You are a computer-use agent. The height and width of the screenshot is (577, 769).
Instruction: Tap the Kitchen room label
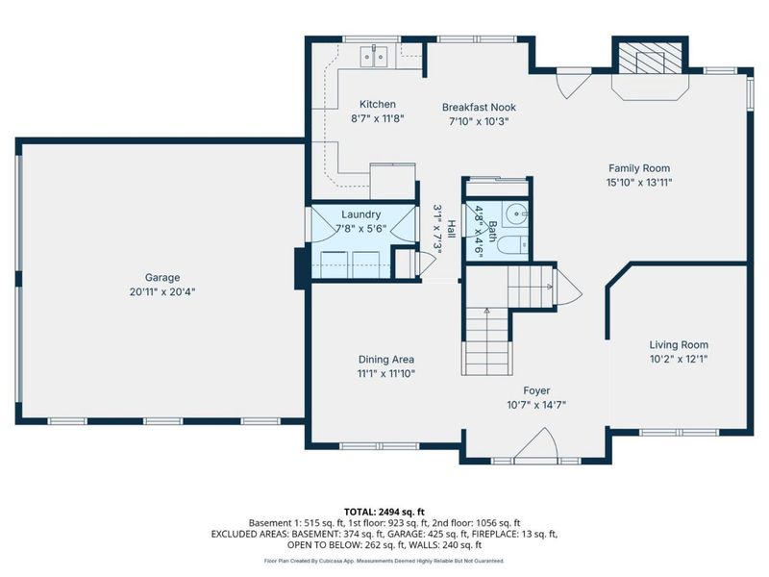[378, 105]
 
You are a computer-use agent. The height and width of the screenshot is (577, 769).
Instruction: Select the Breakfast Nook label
[478, 107]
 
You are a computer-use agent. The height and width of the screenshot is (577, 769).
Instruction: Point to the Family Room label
[638, 168]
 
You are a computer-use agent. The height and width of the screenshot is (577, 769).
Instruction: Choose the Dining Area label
[386, 360]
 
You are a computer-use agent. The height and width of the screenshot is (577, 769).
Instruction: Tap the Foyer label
[535, 390]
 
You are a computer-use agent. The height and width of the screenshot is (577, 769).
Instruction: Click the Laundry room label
[360, 214]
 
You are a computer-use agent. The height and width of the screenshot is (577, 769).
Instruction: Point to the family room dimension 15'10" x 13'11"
[638, 182]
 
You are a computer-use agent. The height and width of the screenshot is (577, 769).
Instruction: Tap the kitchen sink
[374, 56]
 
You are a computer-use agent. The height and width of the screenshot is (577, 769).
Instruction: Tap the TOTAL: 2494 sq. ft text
[384, 510]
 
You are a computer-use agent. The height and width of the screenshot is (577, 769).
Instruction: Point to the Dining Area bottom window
[366, 445]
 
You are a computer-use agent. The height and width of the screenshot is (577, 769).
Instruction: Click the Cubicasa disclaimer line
[384, 561]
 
